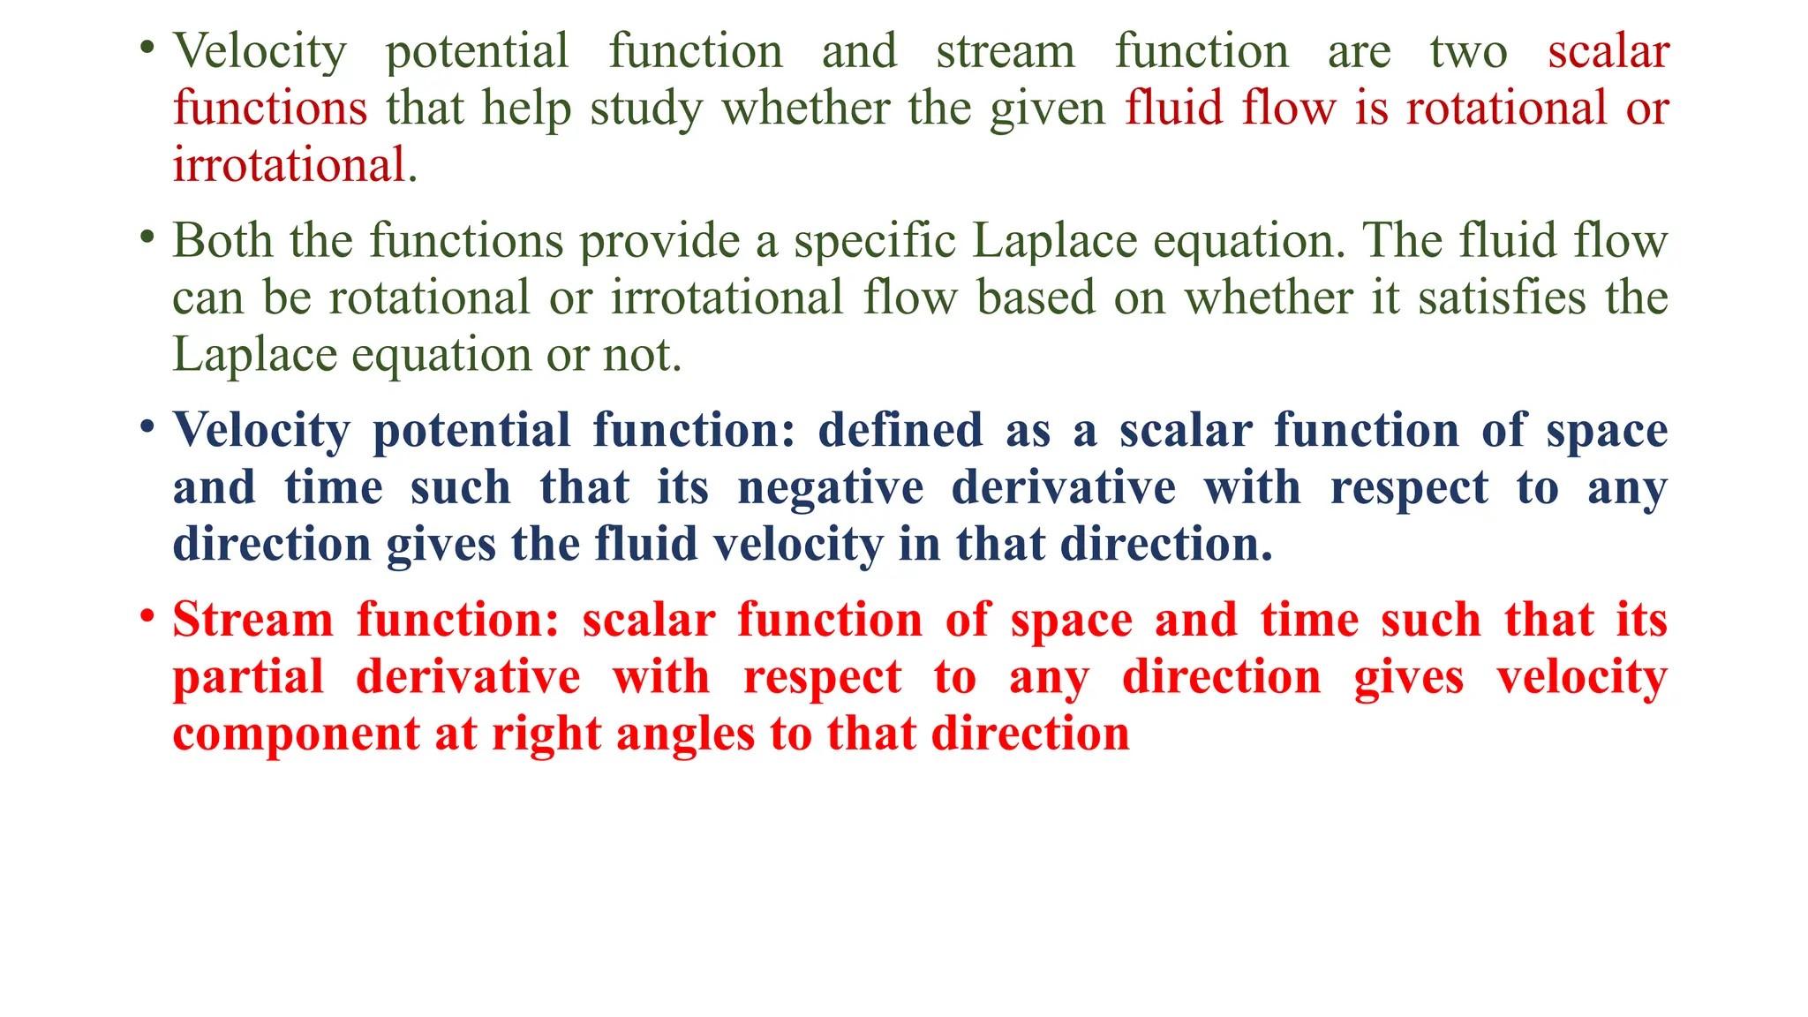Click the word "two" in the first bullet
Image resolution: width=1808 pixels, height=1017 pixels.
[1468, 52]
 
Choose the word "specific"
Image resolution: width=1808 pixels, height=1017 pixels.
[874, 242]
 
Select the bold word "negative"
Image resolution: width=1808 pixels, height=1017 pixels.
[831, 489]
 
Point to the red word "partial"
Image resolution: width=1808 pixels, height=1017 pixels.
[248, 679]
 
